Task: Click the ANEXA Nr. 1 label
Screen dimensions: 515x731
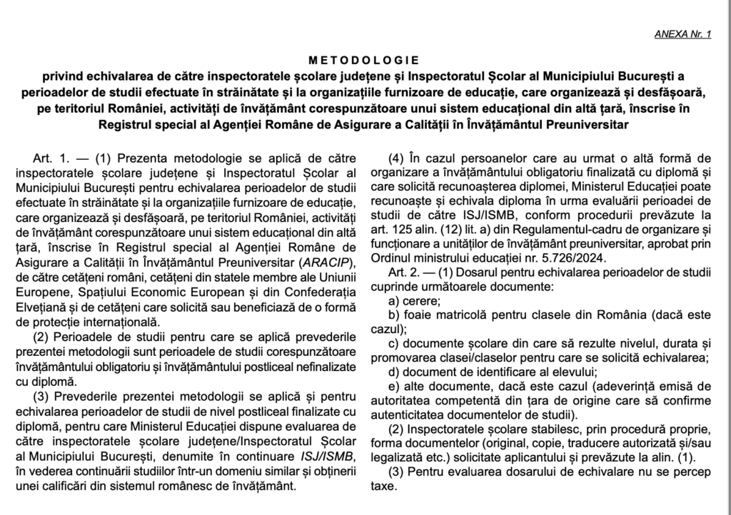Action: (682, 34)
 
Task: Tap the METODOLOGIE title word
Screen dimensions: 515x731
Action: (365, 60)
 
